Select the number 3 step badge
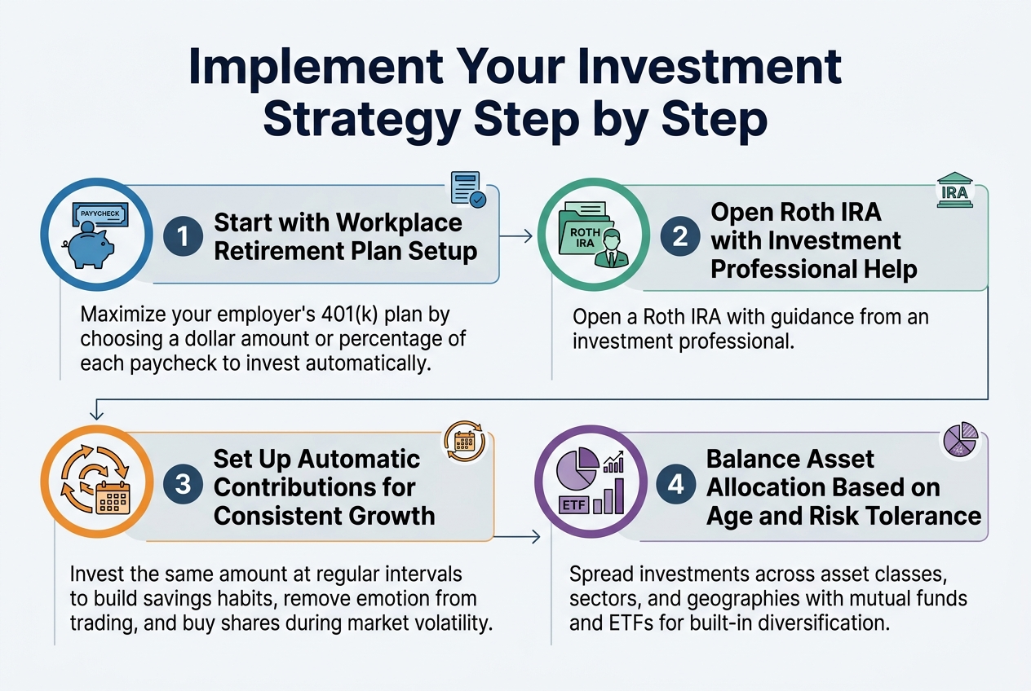coord(183,486)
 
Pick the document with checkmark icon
coord(467,188)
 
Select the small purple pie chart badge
coord(960,441)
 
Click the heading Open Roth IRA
coord(796,212)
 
